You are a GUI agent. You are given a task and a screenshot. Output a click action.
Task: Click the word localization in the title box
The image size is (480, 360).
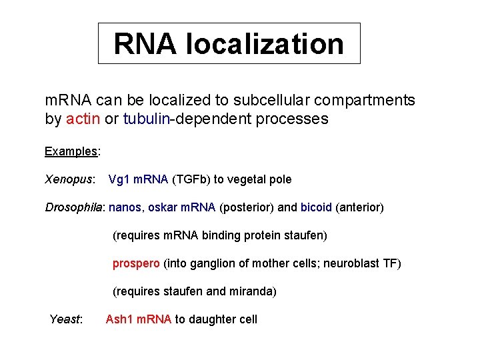(x=265, y=44)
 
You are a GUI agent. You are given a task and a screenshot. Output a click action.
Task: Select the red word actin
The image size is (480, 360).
(x=84, y=119)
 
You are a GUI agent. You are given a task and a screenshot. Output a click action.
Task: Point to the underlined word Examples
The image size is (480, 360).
(x=71, y=151)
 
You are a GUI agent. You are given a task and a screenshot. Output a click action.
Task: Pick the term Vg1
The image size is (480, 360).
(x=119, y=179)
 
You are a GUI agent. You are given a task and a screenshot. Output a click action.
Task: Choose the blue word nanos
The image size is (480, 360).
(x=125, y=207)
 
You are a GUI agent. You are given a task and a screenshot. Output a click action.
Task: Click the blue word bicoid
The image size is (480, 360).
(x=316, y=207)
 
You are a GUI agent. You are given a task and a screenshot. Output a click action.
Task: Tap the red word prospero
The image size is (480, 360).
(x=136, y=263)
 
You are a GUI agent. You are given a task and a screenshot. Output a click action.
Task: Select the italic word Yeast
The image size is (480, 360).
(x=65, y=319)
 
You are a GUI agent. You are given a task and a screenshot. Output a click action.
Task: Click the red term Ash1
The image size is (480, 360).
(x=119, y=319)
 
